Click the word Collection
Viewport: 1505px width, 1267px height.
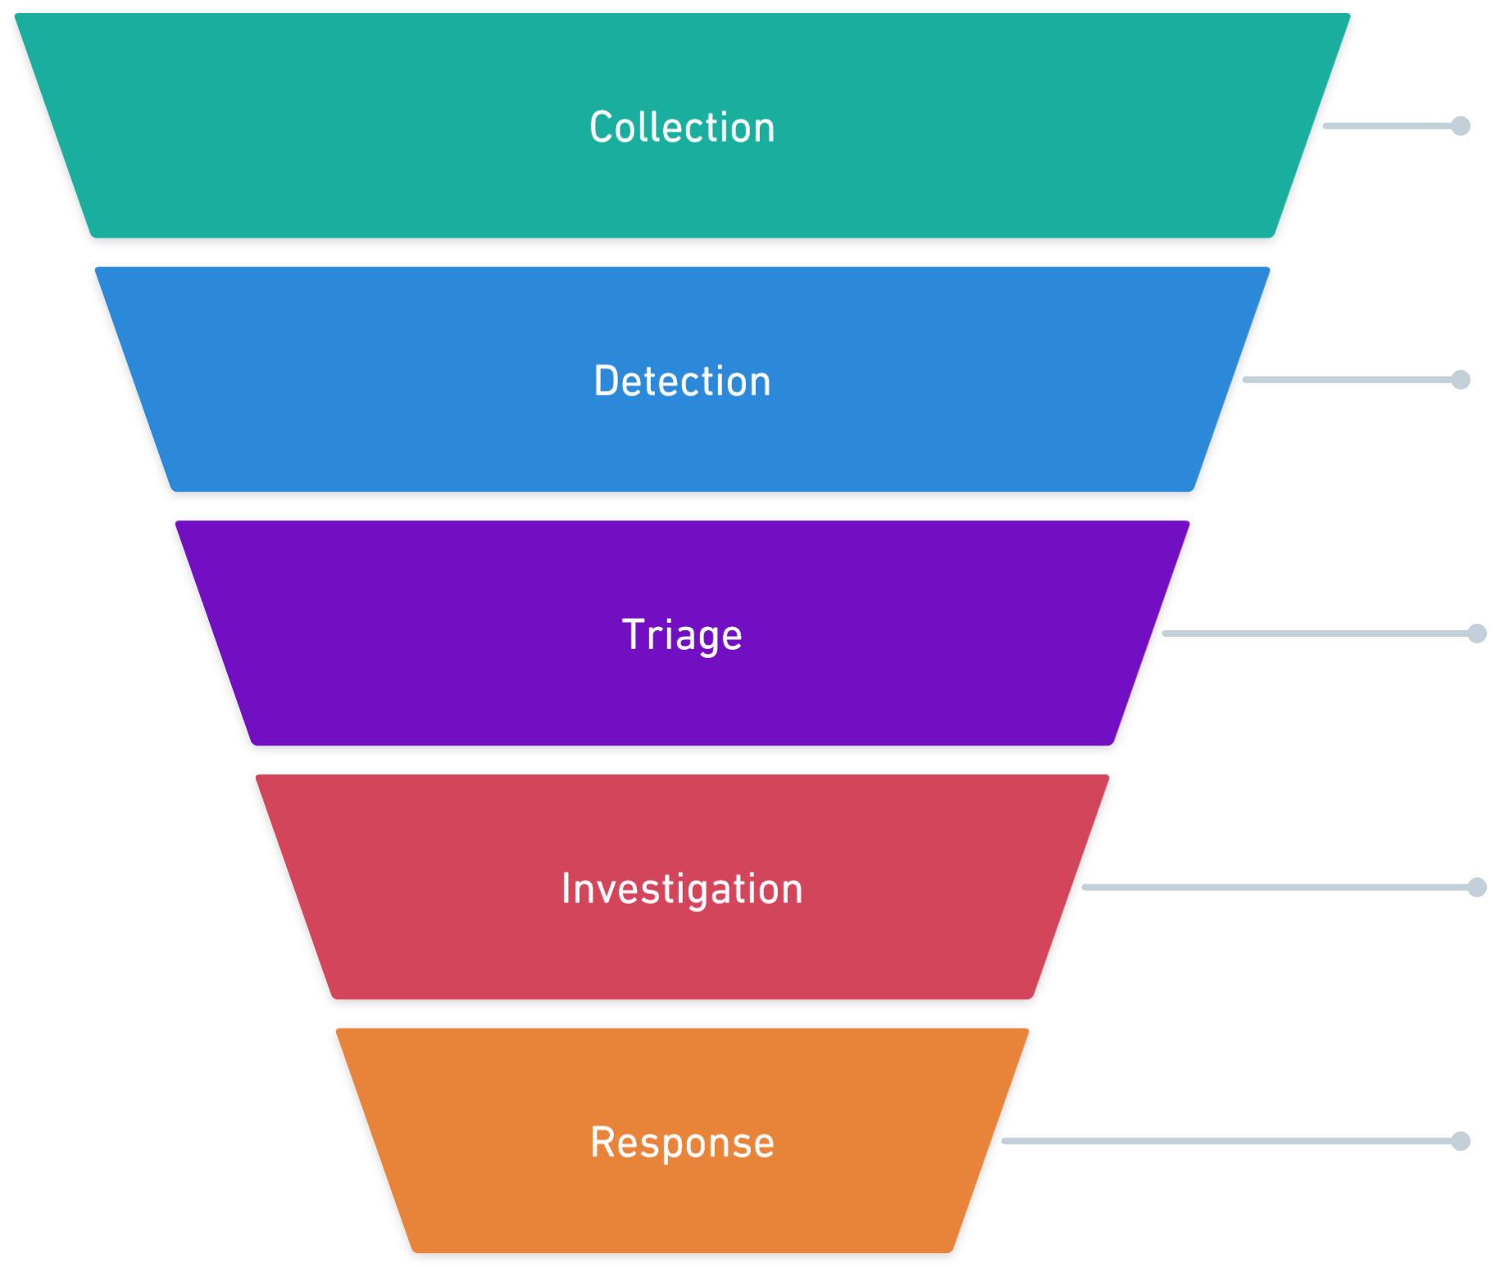point(682,128)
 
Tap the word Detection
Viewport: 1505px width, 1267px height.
point(682,382)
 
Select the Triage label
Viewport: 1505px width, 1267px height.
point(682,635)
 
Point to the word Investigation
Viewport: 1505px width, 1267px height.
point(682,889)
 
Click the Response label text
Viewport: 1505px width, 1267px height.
point(682,1143)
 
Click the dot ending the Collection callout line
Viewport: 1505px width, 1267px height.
point(1461,125)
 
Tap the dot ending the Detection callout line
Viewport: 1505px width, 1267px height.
point(1461,379)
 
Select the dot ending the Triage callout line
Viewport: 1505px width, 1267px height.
point(1477,633)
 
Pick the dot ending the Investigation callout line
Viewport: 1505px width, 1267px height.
point(1477,887)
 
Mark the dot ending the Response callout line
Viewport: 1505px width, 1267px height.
point(1461,1141)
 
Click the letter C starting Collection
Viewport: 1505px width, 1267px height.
point(601,128)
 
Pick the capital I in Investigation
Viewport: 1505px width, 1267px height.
point(566,888)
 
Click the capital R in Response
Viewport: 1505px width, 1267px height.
point(602,1142)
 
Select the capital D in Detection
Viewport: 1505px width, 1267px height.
point(606,381)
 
